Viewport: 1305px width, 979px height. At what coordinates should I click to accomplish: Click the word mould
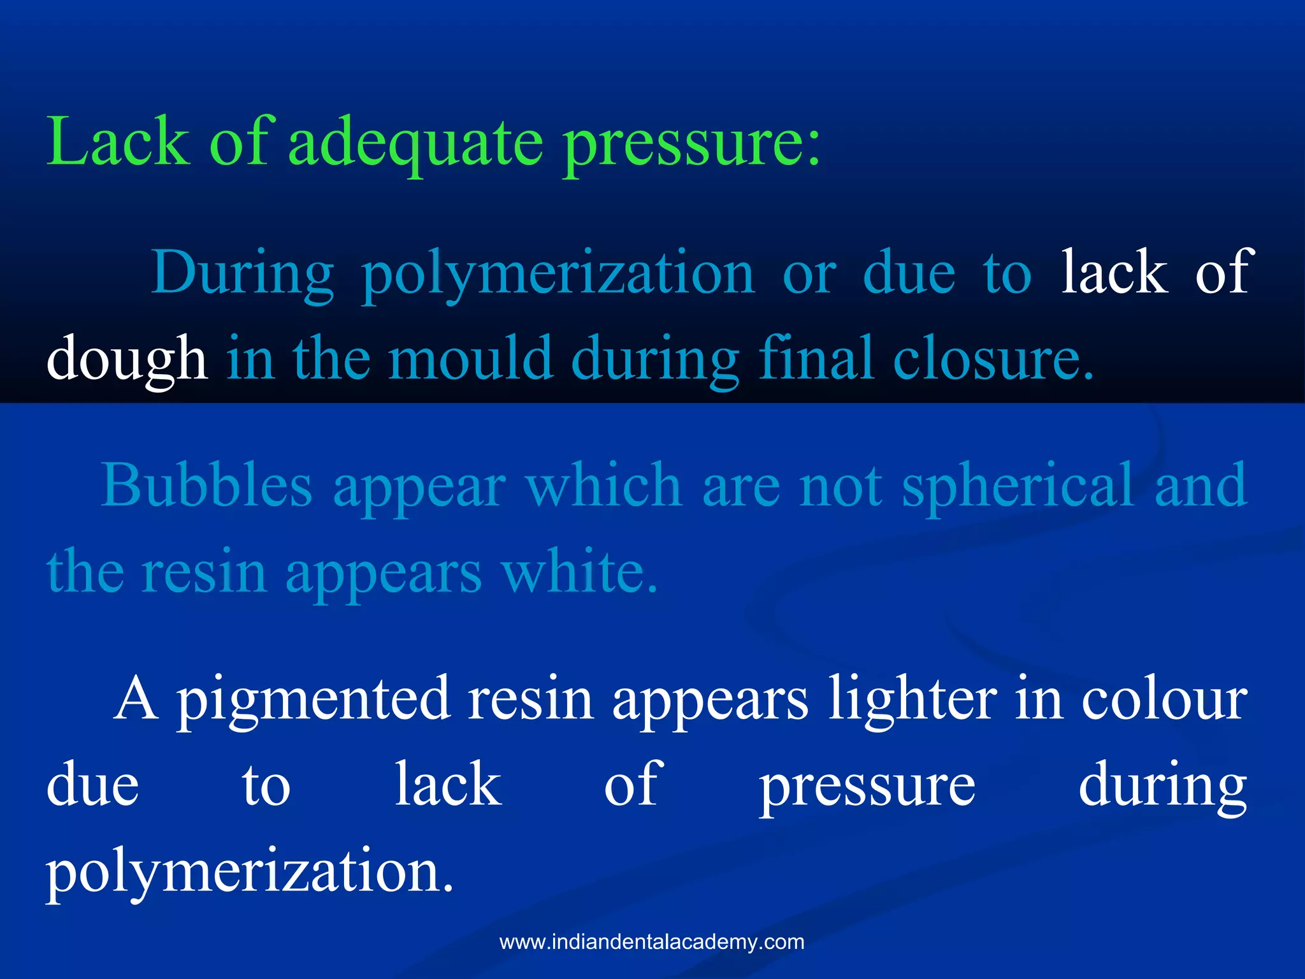pos(470,358)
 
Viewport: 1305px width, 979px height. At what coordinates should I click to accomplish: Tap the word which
pos(603,486)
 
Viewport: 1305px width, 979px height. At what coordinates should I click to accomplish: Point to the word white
pos(579,571)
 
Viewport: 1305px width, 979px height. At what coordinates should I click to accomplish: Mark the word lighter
pos(912,700)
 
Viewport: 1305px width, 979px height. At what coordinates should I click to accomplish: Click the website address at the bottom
pos(652,941)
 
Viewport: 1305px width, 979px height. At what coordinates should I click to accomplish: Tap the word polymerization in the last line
pos(250,872)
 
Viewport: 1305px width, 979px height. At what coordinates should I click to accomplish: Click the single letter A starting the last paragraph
pos(136,699)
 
